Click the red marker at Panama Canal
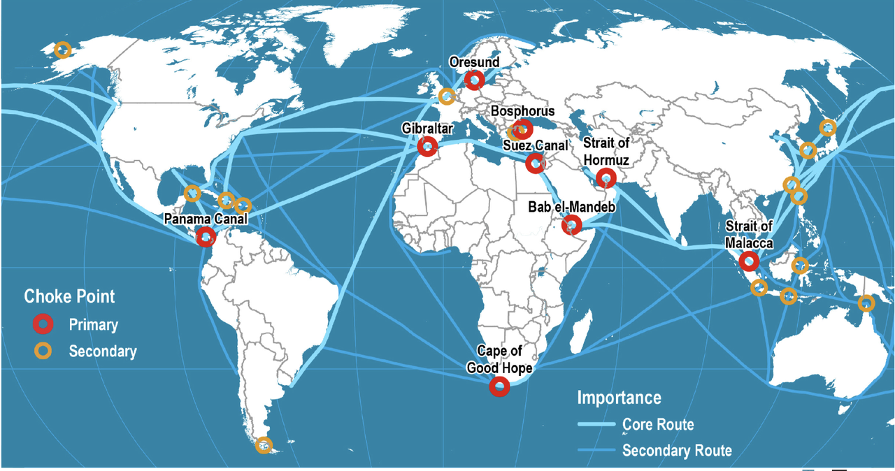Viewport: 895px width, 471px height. (x=206, y=238)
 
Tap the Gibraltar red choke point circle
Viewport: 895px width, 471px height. (x=427, y=147)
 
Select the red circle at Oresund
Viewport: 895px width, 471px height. (x=475, y=80)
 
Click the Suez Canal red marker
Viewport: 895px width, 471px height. (x=536, y=163)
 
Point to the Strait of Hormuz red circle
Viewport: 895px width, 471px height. (x=607, y=178)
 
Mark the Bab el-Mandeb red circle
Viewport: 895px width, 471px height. (x=572, y=225)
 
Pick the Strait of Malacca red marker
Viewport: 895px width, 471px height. (x=749, y=261)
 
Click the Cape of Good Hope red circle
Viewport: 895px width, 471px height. (x=499, y=386)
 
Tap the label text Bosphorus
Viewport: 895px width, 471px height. (x=522, y=111)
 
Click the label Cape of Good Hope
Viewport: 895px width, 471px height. (x=499, y=359)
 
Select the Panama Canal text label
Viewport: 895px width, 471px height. (x=206, y=219)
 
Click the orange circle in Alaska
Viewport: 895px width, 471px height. (x=62, y=50)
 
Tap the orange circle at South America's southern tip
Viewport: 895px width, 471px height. (x=264, y=444)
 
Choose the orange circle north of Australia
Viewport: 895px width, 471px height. (x=866, y=303)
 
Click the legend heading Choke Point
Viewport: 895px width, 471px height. (x=69, y=296)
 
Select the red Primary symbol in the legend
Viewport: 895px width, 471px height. (x=43, y=324)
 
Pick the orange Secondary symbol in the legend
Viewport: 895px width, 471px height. (x=43, y=351)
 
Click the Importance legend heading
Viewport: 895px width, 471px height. (x=619, y=398)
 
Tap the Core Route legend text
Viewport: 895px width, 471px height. (x=658, y=424)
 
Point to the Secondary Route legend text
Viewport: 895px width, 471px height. (x=677, y=450)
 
